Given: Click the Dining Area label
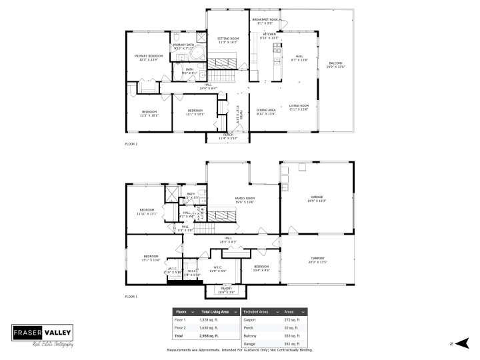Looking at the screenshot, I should (x=266, y=111).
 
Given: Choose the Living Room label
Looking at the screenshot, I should (x=299, y=107).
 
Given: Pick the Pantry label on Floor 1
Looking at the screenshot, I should (x=227, y=290).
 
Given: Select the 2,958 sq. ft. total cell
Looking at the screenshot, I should (x=210, y=337).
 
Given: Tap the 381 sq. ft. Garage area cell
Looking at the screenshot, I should (x=292, y=345).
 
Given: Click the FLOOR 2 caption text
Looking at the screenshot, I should (x=131, y=143).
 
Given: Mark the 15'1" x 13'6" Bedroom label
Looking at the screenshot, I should (x=151, y=258).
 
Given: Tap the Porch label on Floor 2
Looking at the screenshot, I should (x=228, y=136).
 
